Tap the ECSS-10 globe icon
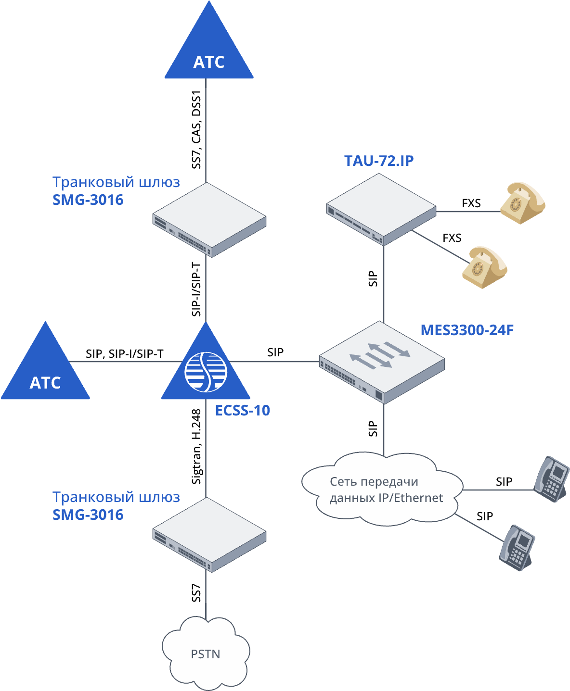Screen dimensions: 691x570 [x=206, y=372]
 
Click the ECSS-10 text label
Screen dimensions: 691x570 [x=242, y=411]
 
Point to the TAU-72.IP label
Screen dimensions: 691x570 [x=379, y=161]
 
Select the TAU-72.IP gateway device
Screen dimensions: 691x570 [x=381, y=209]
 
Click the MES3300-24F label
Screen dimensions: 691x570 [x=467, y=330]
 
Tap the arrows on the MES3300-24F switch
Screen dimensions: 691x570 [x=380, y=356]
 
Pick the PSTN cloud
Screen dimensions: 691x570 [x=206, y=653]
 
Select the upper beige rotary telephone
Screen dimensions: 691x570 [x=522, y=203]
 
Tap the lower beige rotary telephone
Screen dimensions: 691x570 [x=484, y=267]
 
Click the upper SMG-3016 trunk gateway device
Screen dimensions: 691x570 [x=209, y=220]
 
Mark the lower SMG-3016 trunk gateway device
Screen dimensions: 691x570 [x=209, y=535]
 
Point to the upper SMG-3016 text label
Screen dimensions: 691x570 [x=88, y=200]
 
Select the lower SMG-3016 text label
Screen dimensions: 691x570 [x=88, y=515]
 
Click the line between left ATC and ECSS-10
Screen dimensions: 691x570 [x=120, y=362]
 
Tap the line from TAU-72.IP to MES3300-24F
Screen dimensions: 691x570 [x=384, y=284]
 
